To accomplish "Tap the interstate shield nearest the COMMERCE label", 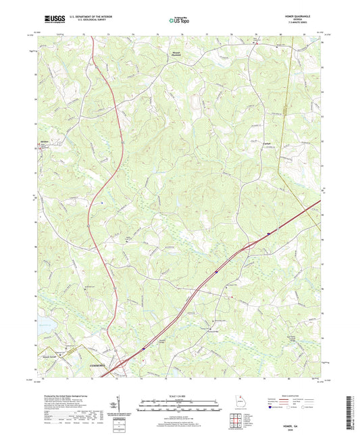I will pyautogui.click(x=144, y=348).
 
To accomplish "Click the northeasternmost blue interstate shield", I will pyautogui.click(x=269, y=234).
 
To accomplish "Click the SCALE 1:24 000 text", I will pyautogui.click(x=180, y=396).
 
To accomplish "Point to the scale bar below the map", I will pyautogui.click(x=180, y=406).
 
